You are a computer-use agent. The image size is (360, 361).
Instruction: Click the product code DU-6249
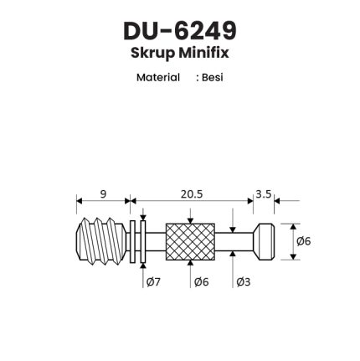point(180,31)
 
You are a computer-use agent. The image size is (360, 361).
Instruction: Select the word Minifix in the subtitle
point(203,52)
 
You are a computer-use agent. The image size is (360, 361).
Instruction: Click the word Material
point(158,77)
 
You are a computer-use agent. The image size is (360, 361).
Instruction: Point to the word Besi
point(213,77)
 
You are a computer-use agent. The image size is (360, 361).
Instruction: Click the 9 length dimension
point(103,193)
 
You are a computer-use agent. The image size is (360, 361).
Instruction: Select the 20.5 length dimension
point(192,193)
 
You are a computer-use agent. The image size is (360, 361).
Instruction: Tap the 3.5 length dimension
point(264,193)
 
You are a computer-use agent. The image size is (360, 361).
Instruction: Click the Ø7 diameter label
point(153,282)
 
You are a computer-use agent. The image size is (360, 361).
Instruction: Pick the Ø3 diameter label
point(244,282)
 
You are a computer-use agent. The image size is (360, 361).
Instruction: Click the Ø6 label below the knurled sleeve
point(202,282)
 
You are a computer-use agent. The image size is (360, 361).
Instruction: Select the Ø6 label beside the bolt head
point(303,241)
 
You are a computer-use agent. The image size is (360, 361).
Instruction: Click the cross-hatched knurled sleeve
point(190,242)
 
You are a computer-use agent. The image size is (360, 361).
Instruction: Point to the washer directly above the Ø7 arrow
point(143,242)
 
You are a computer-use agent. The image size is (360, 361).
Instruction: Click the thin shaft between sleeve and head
point(234,242)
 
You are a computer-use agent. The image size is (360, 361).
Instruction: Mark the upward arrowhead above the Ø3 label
point(233,254)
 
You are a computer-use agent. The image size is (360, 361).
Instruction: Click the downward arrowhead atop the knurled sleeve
point(190,220)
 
